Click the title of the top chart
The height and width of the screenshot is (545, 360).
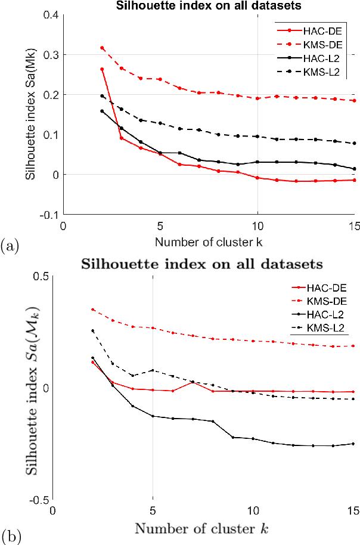pos(209,6)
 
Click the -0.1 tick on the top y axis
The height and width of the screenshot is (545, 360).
pos(49,215)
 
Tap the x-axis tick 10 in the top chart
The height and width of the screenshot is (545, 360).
pos(257,226)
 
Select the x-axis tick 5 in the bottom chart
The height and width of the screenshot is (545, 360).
pos(153,511)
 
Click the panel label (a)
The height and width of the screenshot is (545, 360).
pos(11,244)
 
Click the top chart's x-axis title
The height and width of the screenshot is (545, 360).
pos(209,241)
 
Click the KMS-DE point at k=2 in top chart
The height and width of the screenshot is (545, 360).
pos(102,48)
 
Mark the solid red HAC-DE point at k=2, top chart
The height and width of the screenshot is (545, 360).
pos(102,69)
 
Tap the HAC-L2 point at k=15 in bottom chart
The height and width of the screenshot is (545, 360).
pos(354,444)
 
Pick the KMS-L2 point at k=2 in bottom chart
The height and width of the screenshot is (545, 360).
pos(92,330)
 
